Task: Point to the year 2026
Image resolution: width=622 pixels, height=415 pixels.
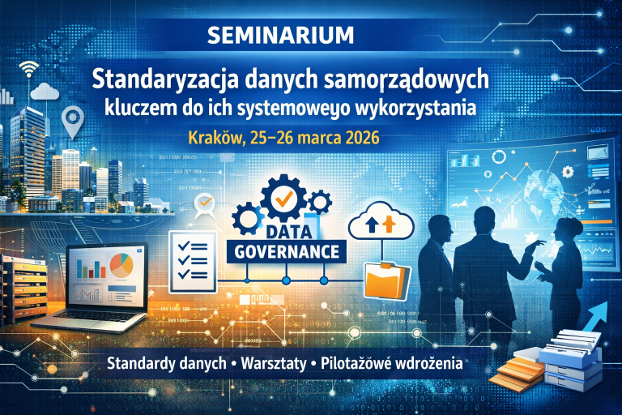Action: pyautogui.click(x=357, y=137)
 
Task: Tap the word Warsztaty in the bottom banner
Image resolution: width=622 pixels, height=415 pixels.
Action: pyautogui.click(x=272, y=363)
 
